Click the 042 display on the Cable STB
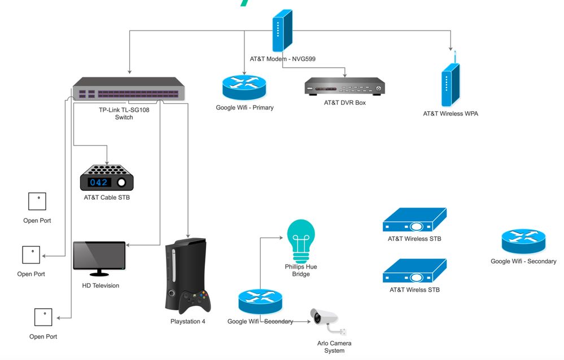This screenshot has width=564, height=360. click(98, 182)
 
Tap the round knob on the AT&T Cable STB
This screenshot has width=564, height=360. click(122, 182)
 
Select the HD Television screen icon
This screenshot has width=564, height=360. click(99, 255)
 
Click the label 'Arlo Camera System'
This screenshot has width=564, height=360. click(334, 347)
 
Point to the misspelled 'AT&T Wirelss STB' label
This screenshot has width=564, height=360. click(414, 290)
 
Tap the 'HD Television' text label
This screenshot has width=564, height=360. click(100, 286)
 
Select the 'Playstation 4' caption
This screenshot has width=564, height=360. click(188, 322)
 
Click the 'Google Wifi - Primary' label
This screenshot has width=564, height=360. click(244, 108)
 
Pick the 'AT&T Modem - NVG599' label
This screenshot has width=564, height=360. click(282, 59)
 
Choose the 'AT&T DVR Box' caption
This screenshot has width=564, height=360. click(344, 103)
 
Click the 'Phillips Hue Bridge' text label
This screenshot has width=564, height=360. click(301, 270)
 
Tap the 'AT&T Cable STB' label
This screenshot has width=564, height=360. click(107, 197)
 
